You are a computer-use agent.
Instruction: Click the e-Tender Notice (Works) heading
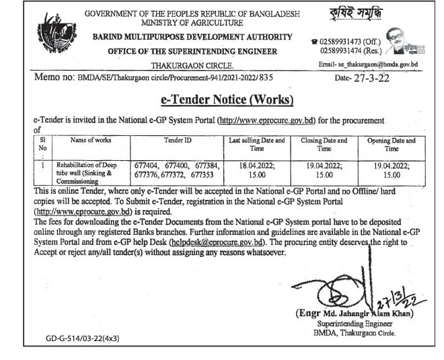tap(228, 100)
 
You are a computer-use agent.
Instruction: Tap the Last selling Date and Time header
tap(258, 145)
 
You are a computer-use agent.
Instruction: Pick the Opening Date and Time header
tap(392, 145)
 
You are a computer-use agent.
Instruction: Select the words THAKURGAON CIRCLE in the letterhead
tap(201, 66)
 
